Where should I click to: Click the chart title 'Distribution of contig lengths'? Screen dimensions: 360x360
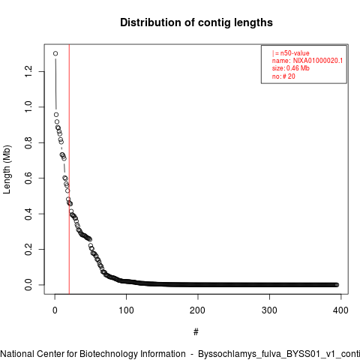click(x=196, y=22)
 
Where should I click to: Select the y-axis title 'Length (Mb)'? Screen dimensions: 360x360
click(x=7, y=169)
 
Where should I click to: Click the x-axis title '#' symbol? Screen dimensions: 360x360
click(x=196, y=332)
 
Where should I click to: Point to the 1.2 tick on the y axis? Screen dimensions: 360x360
click(x=28, y=71)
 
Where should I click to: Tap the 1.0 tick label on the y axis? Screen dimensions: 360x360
click(x=28, y=107)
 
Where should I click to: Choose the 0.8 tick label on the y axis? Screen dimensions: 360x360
click(x=28, y=142)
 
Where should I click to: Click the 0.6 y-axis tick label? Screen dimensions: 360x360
click(x=28, y=178)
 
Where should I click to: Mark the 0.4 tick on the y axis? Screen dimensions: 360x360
click(x=28, y=214)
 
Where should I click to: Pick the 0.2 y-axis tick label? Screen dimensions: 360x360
click(x=28, y=249)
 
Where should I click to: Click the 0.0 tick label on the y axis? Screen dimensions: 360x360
click(x=28, y=285)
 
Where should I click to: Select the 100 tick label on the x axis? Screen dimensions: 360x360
click(x=126, y=310)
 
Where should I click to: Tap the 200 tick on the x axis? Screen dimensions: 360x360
click(x=197, y=310)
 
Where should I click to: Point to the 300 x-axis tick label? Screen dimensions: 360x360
click(x=269, y=310)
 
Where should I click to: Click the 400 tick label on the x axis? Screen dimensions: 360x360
click(x=340, y=310)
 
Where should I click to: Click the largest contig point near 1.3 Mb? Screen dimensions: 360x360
click(x=55, y=53)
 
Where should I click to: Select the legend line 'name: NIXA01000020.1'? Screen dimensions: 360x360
click(x=307, y=61)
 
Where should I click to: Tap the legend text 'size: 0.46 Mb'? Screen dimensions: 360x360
click(x=291, y=68)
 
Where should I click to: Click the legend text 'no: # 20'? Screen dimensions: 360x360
click(x=283, y=76)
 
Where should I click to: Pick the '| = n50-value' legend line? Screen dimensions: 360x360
click(x=291, y=53)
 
